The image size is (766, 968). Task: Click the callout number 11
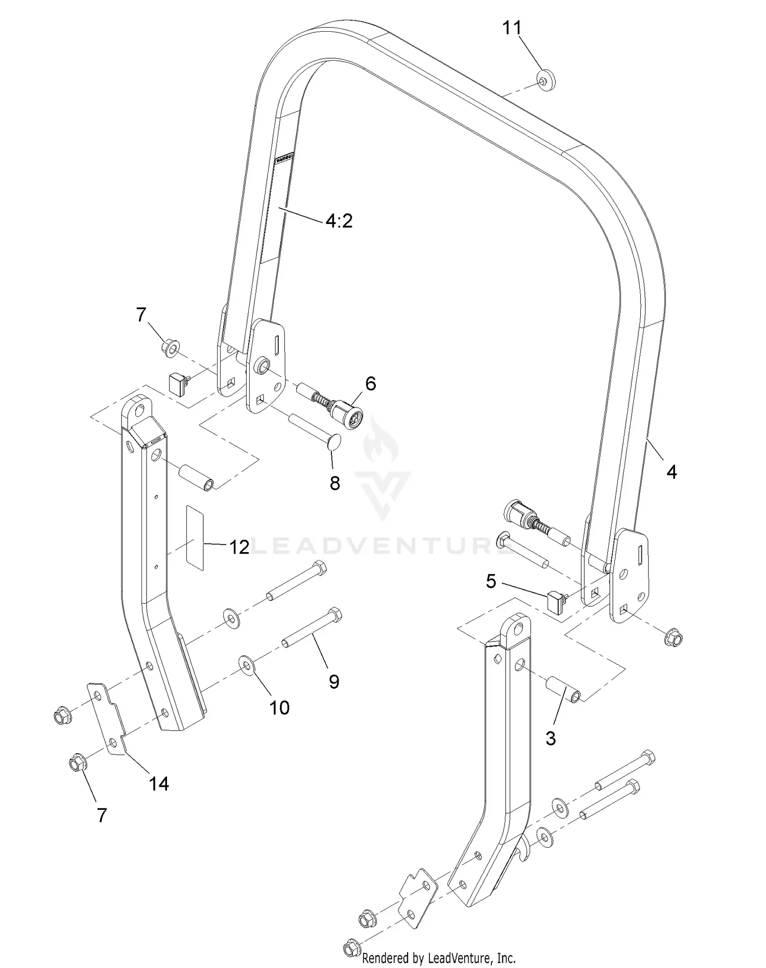click(512, 28)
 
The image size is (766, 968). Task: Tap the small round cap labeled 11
click(546, 81)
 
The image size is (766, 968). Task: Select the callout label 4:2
click(339, 221)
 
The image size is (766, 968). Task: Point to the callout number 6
click(370, 383)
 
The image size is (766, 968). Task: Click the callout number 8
click(334, 483)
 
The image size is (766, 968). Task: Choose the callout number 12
click(238, 547)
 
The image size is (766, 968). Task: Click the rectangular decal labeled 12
click(195, 538)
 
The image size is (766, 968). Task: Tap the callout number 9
click(334, 681)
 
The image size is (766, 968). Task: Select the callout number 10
click(279, 707)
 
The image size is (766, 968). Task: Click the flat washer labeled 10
click(247, 665)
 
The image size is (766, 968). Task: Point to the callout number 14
click(158, 783)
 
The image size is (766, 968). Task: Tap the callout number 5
click(490, 581)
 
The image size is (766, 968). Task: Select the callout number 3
click(550, 738)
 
